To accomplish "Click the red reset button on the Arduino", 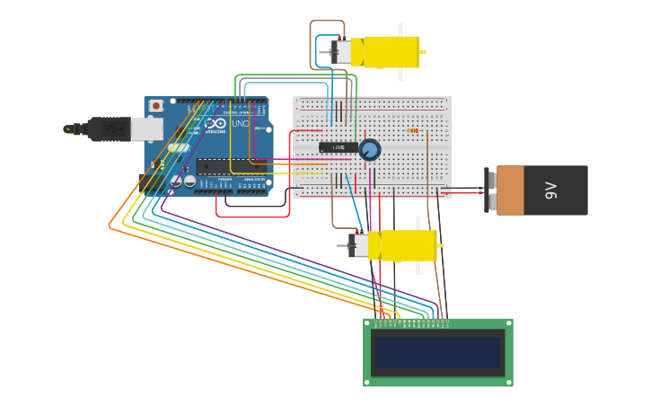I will [156, 105].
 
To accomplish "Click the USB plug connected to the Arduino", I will [108, 129].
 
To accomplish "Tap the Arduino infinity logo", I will [216, 123].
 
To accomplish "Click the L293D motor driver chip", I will [338, 147].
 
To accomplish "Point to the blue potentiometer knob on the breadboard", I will [369, 150].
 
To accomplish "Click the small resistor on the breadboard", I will [413, 130].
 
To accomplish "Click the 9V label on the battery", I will [550, 190].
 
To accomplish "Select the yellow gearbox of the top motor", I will [391, 52].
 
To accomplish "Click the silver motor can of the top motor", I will [341, 52].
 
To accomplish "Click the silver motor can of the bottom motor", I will [358, 244].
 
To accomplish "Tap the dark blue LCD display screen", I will [437, 352].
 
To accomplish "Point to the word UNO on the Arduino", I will [241, 123].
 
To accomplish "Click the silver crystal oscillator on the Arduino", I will [179, 147].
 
